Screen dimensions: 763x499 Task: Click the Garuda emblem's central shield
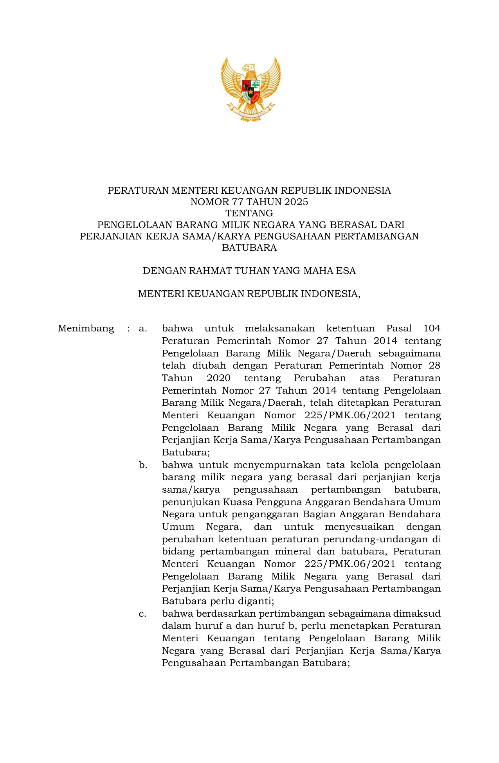[x=250, y=91]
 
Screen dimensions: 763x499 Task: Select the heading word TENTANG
[x=249, y=213]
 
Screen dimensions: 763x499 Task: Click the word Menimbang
[x=86, y=328]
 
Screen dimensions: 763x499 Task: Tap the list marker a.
[x=143, y=328]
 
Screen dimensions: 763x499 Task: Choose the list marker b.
[x=143, y=465]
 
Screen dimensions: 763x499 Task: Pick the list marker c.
[x=143, y=614]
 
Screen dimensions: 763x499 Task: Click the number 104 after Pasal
[x=432, y=328]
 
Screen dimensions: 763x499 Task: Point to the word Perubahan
[x=320, y=378]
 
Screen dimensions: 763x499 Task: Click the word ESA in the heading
[x=346, y=271]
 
